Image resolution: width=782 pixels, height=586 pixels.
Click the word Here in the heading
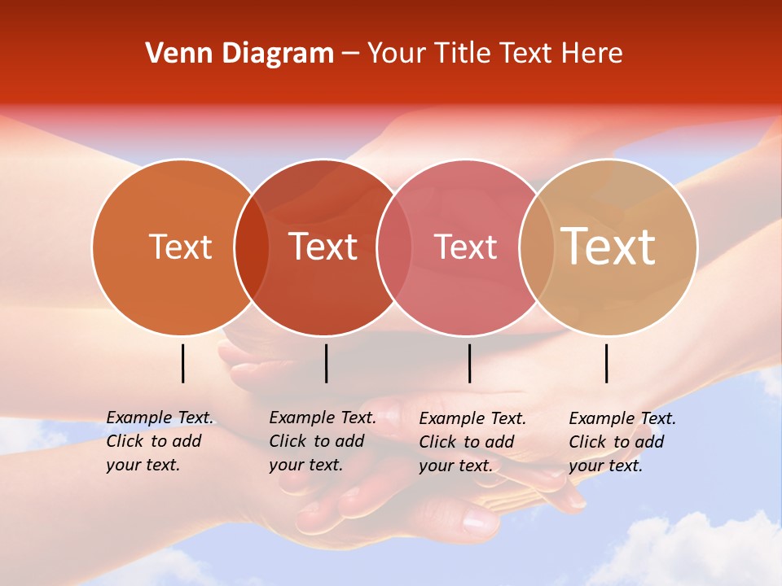(591, 53)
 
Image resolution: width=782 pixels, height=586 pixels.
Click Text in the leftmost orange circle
(180, 247)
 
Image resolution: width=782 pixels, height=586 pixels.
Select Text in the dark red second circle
(323, 247)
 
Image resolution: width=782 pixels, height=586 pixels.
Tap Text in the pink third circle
(465, 247)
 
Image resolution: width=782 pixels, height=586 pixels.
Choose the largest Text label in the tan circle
(608, 246)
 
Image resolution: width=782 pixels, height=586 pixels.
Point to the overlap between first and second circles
(252, 247)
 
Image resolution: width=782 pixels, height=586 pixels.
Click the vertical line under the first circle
(182, 363)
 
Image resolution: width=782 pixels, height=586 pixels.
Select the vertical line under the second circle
(326, 363)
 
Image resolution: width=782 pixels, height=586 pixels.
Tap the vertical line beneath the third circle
(469, 363)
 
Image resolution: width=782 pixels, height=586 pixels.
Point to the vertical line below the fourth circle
(606, 363)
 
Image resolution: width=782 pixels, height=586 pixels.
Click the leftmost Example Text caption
(160, 441)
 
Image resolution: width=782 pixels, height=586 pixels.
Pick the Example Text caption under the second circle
(323, 441)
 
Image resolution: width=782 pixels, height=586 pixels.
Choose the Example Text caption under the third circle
(472, 442)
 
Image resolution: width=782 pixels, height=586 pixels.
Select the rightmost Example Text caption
(622, 442)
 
